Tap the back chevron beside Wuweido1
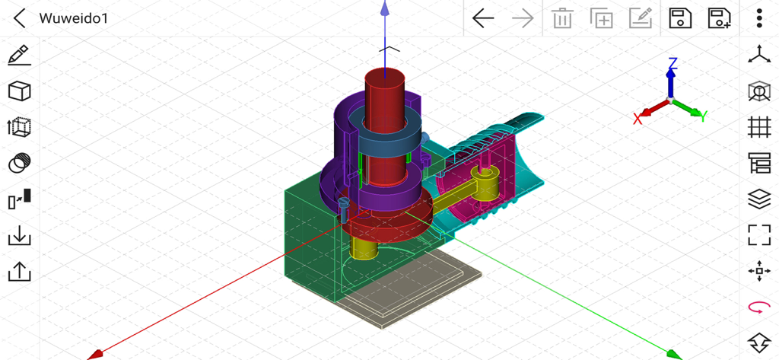pyautogui.click(x=20, y=18)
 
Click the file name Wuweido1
pyautogui.click(x=73, y=18)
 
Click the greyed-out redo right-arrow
pyautogui.click(x=523, y=18)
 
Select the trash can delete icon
pyautogui.click(x=562, y=18)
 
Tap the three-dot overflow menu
pyautogui.click(x=758, y=18)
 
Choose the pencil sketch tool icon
pyautogui.click(x=19, y=56)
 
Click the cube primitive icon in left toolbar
pyautogui.click(x=19, y=91)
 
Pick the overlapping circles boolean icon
pyautogui.click(x=19, y=163)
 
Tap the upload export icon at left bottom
pyautogui.click(x=19, y=272)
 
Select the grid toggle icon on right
pyautogui.click(x=758, y=127)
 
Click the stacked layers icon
pyautogui.click(x=758, y=199)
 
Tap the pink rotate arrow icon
pyautogui.click(x=758, y=307)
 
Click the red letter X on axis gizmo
pyautogui.click(x=638, y=119)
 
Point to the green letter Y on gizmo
pyautogui.click(x=704, y=116)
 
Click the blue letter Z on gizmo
pyautogui.click(x=672, y=63)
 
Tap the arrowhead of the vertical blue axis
pyautogui.click(x=385, y=9)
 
